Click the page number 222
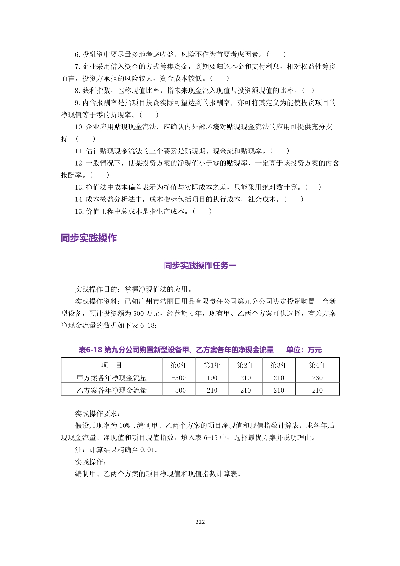200,522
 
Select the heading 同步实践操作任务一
200,265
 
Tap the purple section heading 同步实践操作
89,238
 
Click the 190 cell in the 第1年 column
212,378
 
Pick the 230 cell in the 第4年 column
317,378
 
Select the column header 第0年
179,365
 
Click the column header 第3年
279,365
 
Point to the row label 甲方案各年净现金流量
112,378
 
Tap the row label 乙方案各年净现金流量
112,390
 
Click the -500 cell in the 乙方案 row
179,390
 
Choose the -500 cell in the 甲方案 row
179,378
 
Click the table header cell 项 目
112,365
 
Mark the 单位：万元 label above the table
304,350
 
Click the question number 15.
79,211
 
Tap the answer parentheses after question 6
276,54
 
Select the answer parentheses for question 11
279,151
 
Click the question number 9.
77,103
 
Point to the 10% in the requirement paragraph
125,426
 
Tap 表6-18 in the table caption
90,350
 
